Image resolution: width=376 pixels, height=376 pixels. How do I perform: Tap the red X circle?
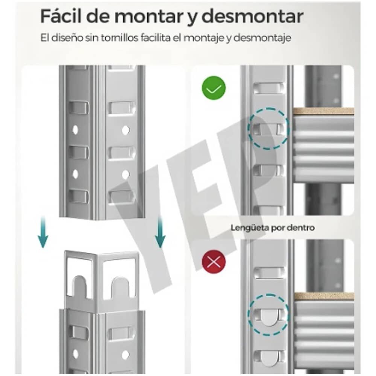(x=214, y=262)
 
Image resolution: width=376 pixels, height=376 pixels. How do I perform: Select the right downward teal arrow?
(x=161, y=233)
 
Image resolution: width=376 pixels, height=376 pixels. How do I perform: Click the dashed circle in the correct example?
(x=268, y=129)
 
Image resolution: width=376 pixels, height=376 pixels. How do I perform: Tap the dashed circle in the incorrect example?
(x=268, y=314)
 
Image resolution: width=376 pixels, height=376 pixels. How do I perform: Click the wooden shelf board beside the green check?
(x=323, y=111)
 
